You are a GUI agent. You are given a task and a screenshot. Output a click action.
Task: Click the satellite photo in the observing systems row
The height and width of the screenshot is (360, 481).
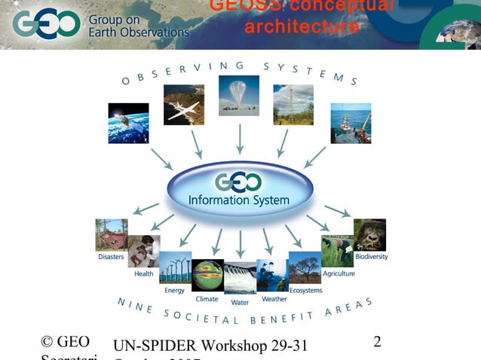tap(128, 123)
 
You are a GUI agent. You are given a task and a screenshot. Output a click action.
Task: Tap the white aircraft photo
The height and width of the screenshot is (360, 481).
tap(184, 104)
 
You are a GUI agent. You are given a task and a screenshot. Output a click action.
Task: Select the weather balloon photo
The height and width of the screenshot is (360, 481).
tap(239, 96)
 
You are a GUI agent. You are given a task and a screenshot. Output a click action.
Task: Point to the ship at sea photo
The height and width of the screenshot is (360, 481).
tap(351, 123)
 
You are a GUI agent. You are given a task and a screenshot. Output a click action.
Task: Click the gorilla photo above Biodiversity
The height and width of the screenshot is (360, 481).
tap(369, 234)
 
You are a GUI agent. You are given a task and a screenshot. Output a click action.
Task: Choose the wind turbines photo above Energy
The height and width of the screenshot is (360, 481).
tap(175, 268)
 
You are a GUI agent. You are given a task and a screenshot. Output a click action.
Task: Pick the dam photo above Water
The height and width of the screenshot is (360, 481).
tap(240, 277)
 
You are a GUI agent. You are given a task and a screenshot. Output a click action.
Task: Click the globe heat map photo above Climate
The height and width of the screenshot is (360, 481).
tap(207, 275)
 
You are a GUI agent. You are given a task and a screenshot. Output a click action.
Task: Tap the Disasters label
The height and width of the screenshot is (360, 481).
tap(111, 258)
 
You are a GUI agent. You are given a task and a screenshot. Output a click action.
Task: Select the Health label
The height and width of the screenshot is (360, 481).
tap(143, 274)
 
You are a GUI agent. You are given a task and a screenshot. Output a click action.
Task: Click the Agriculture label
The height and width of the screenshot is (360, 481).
tap(339, 273)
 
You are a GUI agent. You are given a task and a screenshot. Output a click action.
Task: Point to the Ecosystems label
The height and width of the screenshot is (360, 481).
tap(305, 290)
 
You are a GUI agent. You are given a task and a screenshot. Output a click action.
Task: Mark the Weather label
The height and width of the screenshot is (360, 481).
tap(274, 299)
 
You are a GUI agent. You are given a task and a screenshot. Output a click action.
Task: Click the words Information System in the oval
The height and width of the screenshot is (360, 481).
tap(239, 200)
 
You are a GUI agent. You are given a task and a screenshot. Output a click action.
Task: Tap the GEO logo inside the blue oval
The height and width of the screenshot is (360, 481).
tap(239, 182)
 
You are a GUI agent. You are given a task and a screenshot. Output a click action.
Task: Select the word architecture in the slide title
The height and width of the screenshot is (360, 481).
tap(302, 28)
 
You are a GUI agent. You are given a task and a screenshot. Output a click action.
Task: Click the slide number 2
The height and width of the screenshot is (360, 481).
tap(377, 342)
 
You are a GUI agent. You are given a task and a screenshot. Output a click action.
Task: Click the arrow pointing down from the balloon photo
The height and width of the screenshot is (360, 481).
tap(240, 139)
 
